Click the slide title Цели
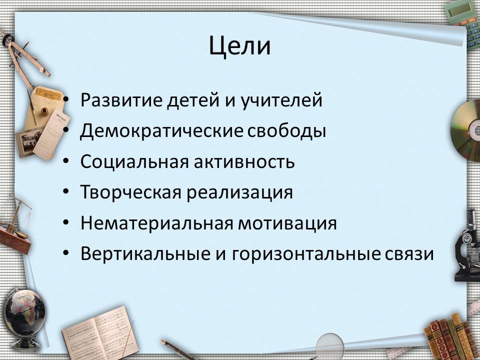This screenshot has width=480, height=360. coord(239,46)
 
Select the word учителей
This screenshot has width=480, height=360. coord(281,100)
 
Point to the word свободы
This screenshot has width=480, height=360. coord(286,130)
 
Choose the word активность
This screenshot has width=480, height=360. coord(244,162)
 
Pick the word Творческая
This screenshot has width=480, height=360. coord(130,192)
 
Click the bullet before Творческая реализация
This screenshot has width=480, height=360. coord(66,191)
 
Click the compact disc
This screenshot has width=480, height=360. coord(466,130)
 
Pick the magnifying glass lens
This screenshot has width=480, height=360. coord(329,346)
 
